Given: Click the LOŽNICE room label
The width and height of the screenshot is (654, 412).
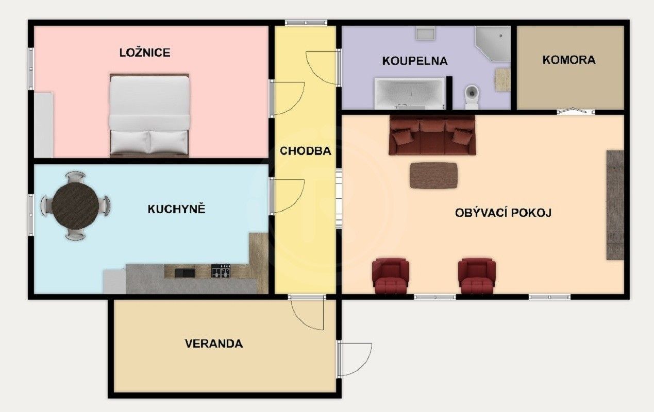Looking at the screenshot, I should click(x=144, y=53).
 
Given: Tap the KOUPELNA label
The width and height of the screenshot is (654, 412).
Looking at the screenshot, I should click(x=414, y=61).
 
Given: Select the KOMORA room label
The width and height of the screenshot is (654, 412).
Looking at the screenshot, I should click(x=568, y=60).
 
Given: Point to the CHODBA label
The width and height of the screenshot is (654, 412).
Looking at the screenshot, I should click(x=305, y=151).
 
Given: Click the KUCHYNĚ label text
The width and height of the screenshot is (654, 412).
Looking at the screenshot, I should click(x=176, y=209).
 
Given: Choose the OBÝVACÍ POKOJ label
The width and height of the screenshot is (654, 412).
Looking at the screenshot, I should click(x=503, y=212).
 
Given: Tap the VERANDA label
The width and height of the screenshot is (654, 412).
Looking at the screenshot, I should click(x=213, y=344).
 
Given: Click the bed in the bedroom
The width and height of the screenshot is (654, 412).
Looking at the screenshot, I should click(x=149, y=115).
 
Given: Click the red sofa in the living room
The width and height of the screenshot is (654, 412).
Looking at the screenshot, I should click(x=432, y=135).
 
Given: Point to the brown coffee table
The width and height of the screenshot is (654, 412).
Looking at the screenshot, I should click(x=433, y=175).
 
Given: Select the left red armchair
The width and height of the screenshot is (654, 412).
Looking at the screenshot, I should click(x=390, y=274).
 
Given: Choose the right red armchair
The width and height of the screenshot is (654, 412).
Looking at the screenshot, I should click(x=477, y=274).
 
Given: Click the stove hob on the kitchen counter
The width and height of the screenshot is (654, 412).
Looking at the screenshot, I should click(x=221, y=271).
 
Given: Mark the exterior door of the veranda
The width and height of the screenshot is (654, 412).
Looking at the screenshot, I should click(x=356, y=359).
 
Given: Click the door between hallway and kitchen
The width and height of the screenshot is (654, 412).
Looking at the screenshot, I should click(x=288, y=196).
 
